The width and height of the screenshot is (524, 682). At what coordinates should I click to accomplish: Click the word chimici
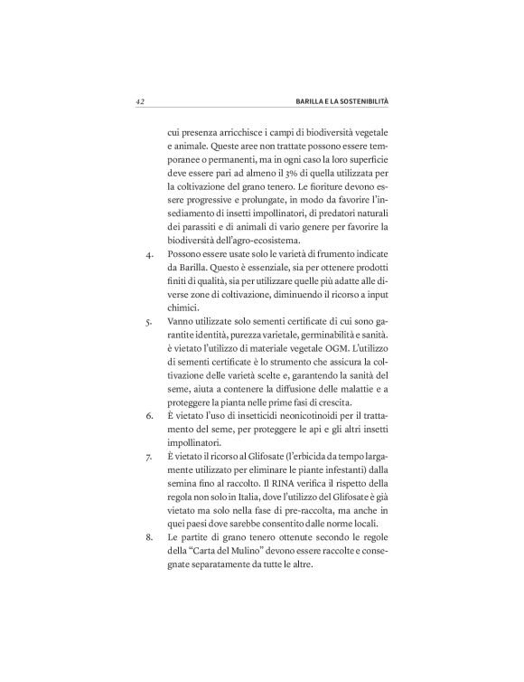click(186, 305)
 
